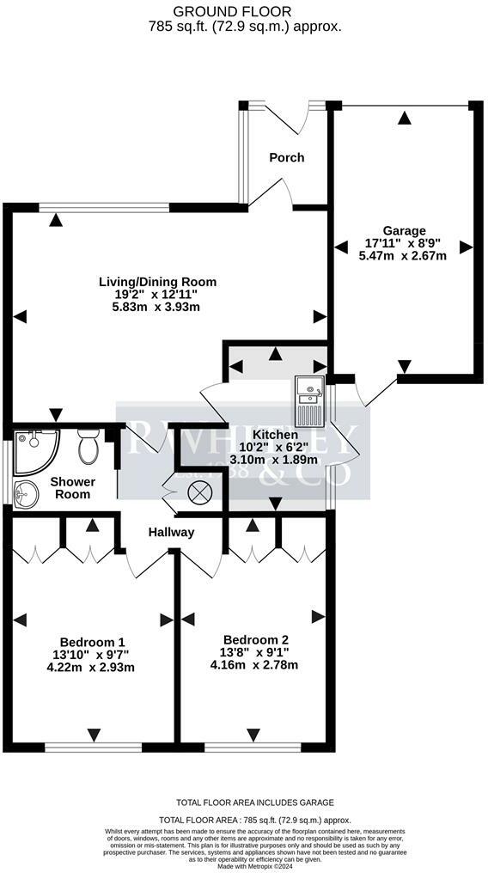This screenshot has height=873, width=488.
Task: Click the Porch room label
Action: tap(286, 157)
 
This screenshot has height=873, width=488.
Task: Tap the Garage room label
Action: tap(404, 230)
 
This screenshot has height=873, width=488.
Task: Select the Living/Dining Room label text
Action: tap(157, 281)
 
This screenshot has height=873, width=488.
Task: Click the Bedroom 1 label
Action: tap(92, 642)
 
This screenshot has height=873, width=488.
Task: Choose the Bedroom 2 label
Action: tap(255, 639)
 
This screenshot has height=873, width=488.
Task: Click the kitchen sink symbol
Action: tap(308, 400)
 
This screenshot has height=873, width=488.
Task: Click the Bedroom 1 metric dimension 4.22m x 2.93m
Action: tap(92, 667)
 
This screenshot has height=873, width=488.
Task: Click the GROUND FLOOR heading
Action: tap(244, 11)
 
